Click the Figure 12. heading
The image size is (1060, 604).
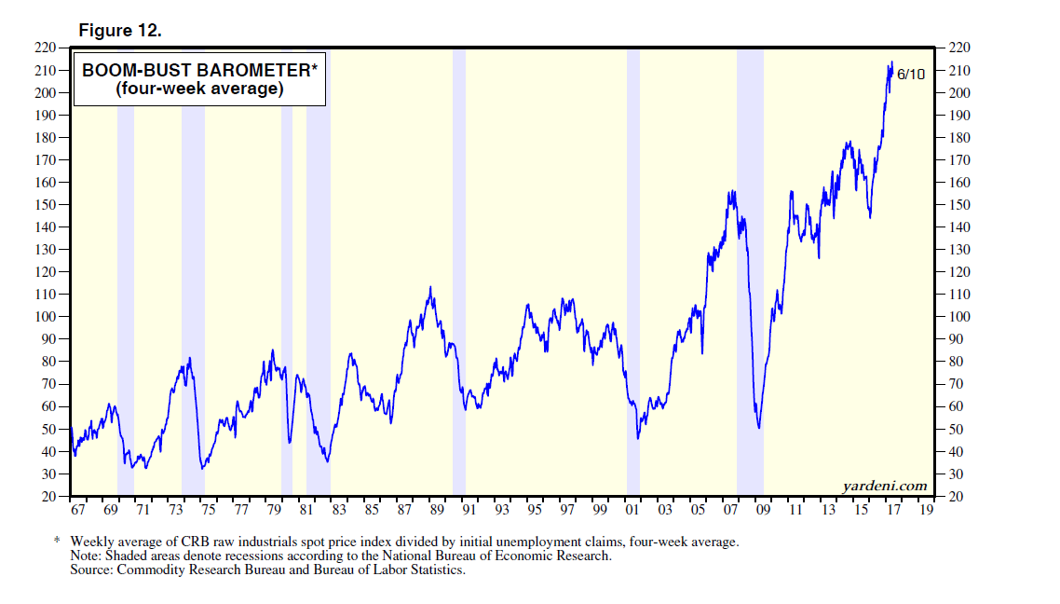(120, 31)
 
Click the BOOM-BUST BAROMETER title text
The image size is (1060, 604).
(197, 70)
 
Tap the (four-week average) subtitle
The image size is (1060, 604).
(197, 89)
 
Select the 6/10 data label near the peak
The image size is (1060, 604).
(910, 75)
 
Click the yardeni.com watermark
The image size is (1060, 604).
(884, 486)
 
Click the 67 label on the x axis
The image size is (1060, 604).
(77, 512)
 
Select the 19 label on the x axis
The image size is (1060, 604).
(926, 512)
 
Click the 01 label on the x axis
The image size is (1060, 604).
(632, 512)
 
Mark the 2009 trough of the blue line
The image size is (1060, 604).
(759, 428)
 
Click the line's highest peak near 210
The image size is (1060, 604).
(891, 62)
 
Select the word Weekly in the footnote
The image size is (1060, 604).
(92, 542)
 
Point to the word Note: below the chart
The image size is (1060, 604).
(87, 556)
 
